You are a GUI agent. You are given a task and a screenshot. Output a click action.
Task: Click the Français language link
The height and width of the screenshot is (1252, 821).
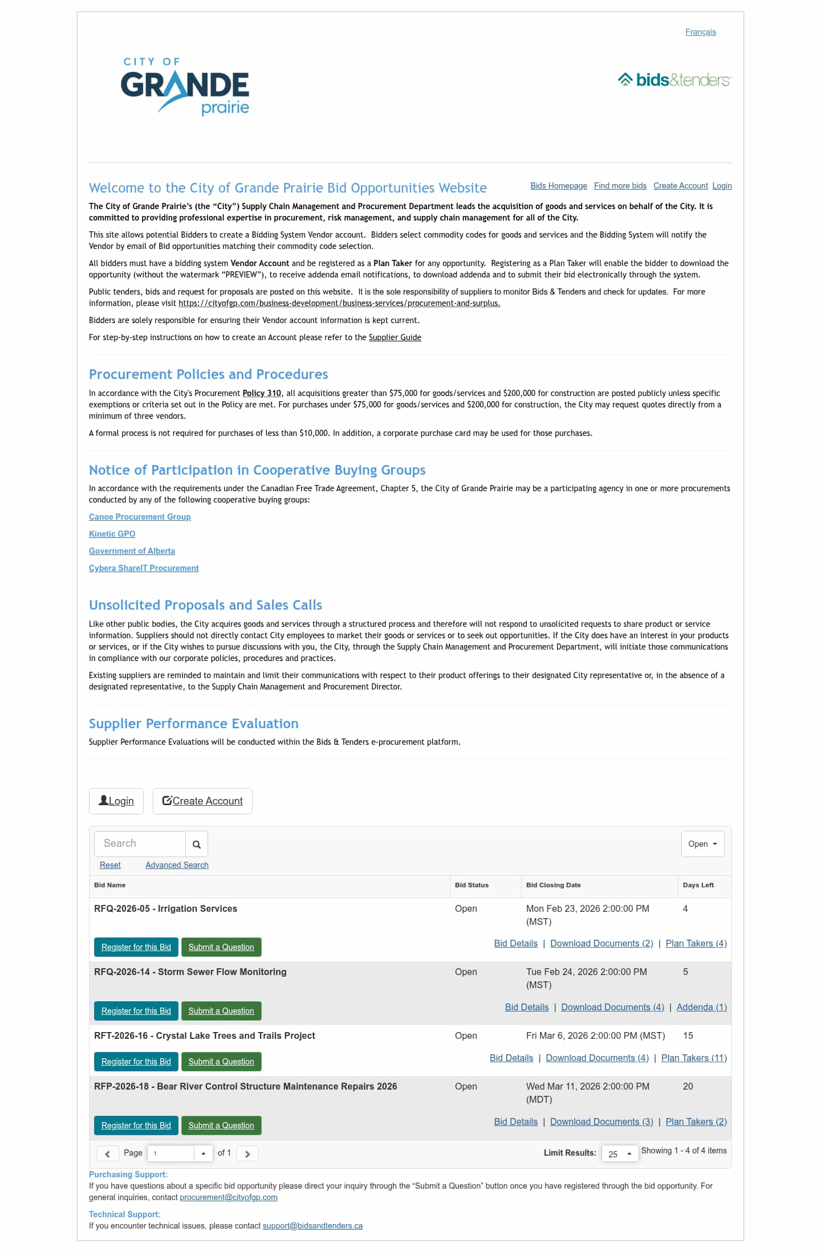click(700, 32)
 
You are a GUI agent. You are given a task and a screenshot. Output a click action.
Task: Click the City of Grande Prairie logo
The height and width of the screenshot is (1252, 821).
click(185, 86)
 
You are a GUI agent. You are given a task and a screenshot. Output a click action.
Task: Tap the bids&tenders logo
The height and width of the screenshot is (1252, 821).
click(674, 80)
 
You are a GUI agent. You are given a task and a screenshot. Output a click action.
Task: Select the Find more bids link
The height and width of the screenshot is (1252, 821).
click(620, 186)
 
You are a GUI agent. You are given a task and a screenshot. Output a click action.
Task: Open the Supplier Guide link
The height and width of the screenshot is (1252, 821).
click(395, 337)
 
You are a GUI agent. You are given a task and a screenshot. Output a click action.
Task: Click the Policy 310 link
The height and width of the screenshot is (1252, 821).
click(262, 393)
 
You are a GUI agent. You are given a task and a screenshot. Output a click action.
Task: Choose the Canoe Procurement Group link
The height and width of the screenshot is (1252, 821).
click(140, 517)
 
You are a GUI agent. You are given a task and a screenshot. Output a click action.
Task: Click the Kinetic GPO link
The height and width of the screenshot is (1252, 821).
click(112, 534)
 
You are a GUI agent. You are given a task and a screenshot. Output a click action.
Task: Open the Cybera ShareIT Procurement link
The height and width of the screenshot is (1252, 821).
click(144, 568)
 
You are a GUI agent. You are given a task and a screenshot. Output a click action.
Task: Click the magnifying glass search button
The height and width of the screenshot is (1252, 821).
click(197, 845)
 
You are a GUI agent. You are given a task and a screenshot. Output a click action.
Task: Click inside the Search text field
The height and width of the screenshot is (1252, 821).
click(140, 843)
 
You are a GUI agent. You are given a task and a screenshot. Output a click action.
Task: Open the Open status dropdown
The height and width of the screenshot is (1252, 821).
click(702, 844)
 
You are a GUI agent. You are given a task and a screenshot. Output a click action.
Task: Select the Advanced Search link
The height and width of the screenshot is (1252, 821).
click(177, 865)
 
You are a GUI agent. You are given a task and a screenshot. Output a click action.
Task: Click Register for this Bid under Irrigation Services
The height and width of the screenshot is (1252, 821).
click(136, 947)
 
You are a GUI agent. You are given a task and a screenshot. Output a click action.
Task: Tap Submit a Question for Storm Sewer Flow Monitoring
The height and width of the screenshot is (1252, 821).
click(221, 1011)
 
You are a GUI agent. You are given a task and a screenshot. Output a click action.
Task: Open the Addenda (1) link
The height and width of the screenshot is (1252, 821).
click(701, 1008)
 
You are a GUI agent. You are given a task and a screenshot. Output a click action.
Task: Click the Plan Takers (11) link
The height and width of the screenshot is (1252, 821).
click(694, 1058)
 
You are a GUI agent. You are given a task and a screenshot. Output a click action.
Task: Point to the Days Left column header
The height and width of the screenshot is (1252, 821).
click(698, 885)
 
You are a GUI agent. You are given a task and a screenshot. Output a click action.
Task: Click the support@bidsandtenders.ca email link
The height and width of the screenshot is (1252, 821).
click(312, 1226)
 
